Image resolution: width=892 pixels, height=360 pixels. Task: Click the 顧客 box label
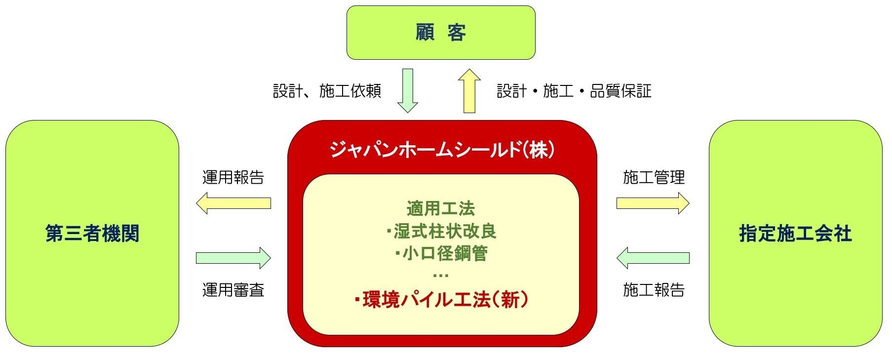point(440,33)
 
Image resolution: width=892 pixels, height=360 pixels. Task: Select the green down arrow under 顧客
point(408,91)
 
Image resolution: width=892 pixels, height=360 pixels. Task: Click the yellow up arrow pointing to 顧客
point(469,91)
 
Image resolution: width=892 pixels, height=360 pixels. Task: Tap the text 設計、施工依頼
point(327,91)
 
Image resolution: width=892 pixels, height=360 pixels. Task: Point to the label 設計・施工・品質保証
point(574,91)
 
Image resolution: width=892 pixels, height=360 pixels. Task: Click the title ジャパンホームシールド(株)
point(442,149)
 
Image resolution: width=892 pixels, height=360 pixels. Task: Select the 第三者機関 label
point(92,234)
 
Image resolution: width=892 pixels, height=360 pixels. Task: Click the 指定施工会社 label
point(795,234)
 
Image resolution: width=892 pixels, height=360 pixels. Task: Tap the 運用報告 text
point(233,177)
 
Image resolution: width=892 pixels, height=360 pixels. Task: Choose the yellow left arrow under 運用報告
point(233,203)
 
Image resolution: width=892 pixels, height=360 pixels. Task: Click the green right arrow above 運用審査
point(233,258)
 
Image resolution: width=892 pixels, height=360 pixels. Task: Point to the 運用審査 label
point(233,290)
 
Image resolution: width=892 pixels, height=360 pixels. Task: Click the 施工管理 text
point(654,177)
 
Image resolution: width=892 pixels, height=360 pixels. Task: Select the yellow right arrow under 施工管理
point(653,203)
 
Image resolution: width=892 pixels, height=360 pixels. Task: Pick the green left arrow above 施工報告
point(653,258)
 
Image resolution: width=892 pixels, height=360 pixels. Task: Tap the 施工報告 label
point(654,290)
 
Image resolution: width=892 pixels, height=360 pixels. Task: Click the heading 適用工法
point(441,208)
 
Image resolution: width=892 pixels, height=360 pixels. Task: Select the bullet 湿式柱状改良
point(442,231)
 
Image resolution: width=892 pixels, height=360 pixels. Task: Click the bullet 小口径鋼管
point(442,253)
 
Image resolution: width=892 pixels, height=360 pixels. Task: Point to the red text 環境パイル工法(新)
point(442,300)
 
